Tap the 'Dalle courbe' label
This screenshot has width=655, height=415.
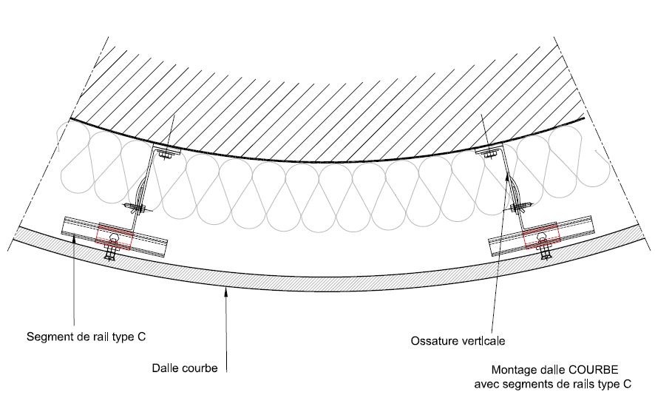pyautogui.click(x=185, y=368)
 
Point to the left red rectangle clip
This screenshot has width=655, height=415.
pyautogui.click(x=115, y=235)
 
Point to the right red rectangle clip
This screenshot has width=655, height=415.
pyautogui.click(x=540, y=235)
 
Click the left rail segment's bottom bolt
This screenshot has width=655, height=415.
pyautogui.click(x=111, y=254)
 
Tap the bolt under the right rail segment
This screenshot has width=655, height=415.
pyautogui.click(x=546, y=253)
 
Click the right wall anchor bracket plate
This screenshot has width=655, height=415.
pyautogui.click(x=487, y=152)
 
